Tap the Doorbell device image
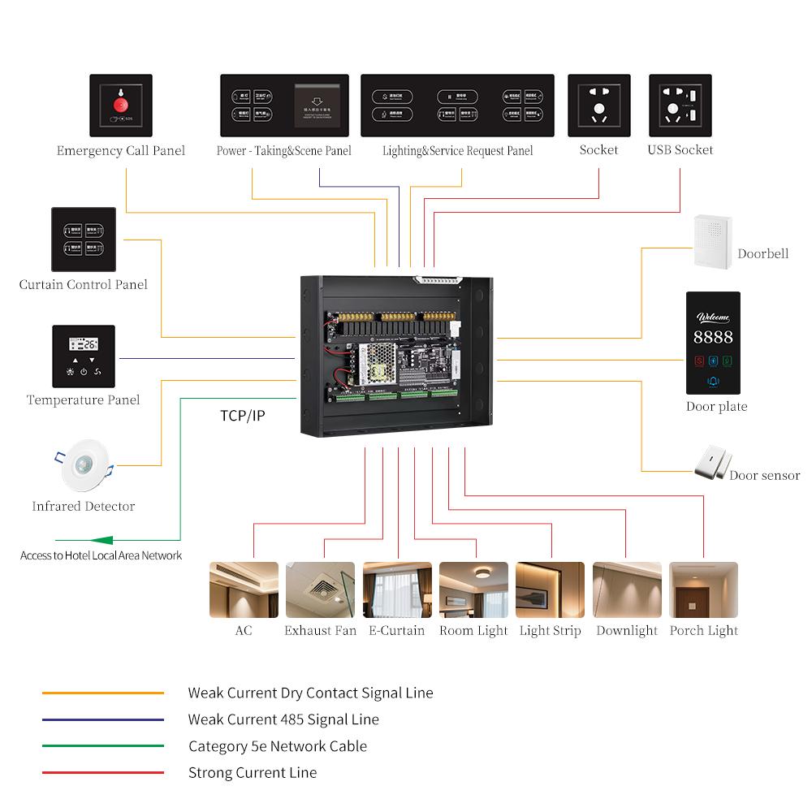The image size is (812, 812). pyautogui.click(x=713, y=241)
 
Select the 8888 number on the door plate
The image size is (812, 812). pyautogui.click(x=713, y=337)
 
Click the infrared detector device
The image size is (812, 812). pyautogui.click(x=84, y=465)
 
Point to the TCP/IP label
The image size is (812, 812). pyautogui.click(x=242, y=416)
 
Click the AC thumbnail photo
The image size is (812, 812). pyautogui.click(x=244, y=590)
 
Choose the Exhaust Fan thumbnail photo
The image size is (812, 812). pyautogui.click(x=320, y=590)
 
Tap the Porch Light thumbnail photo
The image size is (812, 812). pyautogui.click(x=703, y=590)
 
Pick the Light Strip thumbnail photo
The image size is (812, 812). pyautogui.click(x=550, y=590)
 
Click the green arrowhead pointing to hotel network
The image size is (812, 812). pyautogui.click(x=101, y=540)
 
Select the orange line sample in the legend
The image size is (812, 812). pyautogui.click(x=103, y=693)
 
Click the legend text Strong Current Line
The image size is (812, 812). pyautogui.click(x=252, y=773)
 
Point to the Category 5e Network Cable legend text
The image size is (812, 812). pyautogui.click(x=278, y=746)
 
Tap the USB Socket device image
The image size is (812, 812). pyautogui.click(x=680, y=106)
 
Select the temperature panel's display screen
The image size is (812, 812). pyautogui.click(x=83, y=344)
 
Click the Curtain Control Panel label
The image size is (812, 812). pyautogui.click(x=84, y=285)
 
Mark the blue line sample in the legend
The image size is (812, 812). pyautogui.click(x=103, y=720)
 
